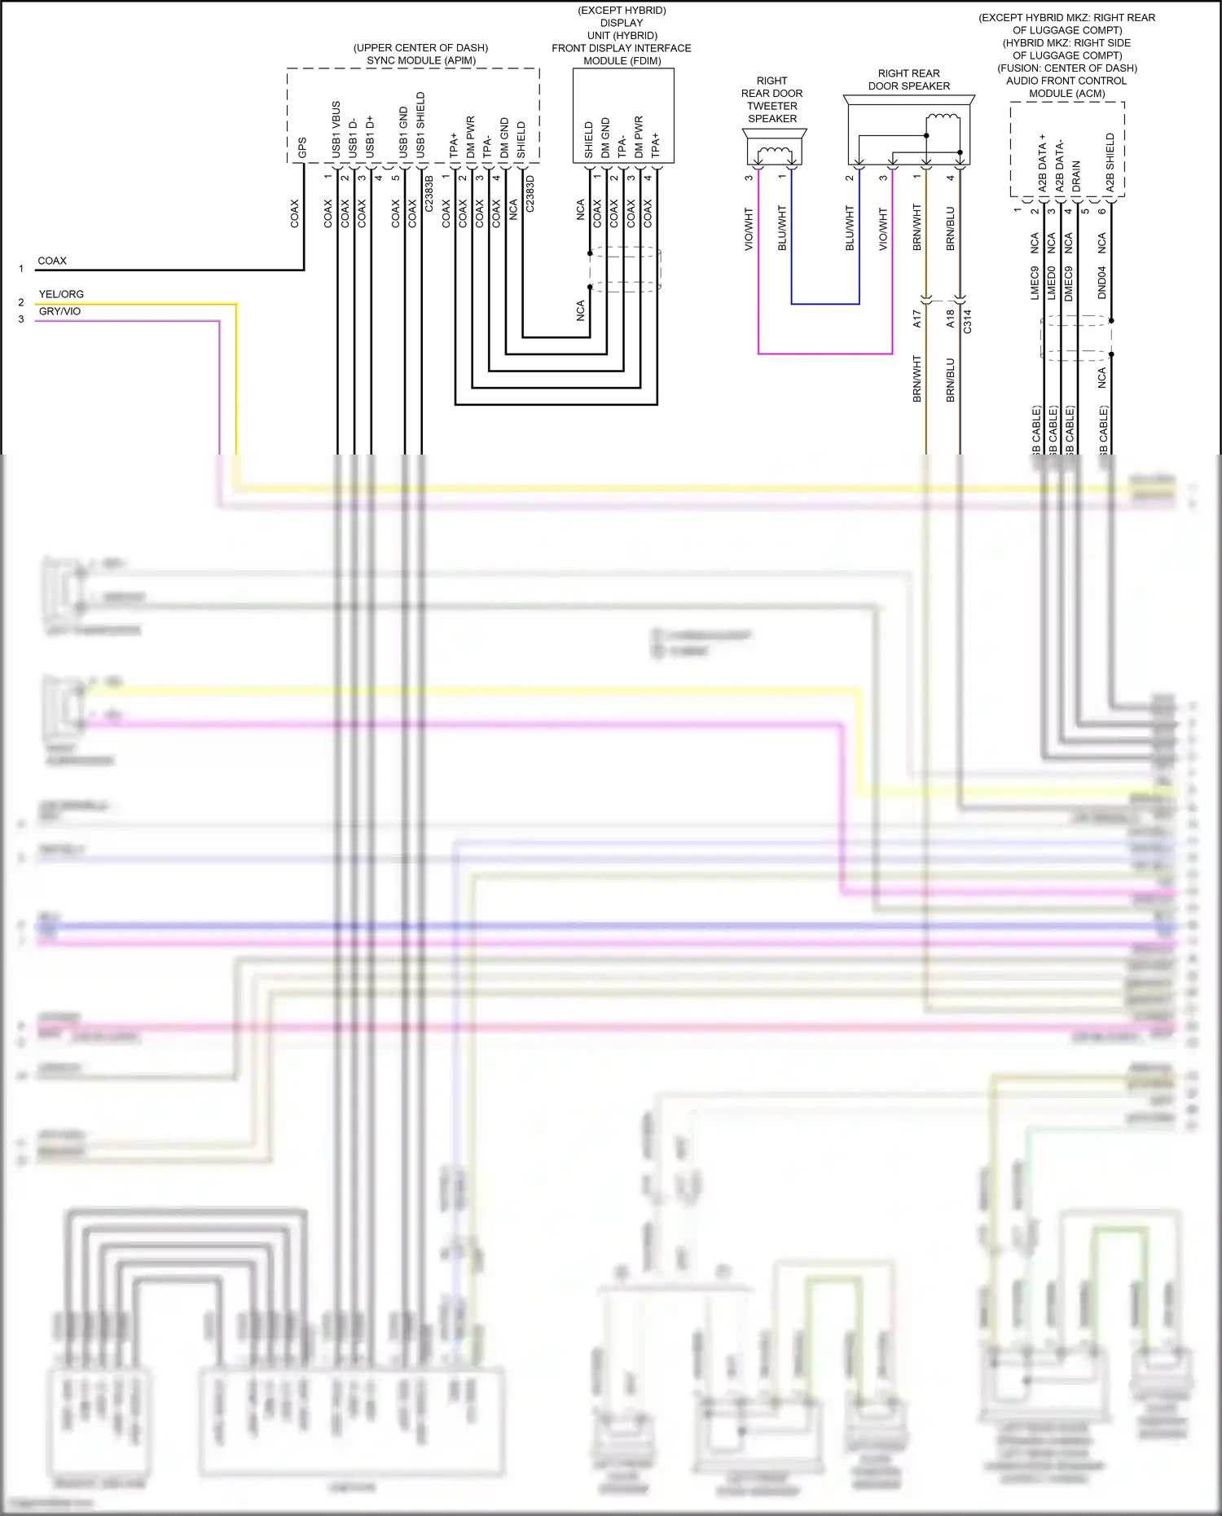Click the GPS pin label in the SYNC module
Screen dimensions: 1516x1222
click(x=302, y=147)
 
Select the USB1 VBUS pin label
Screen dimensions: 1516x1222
click(x=336, y=130)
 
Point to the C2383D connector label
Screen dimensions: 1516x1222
click(x=530, y=194)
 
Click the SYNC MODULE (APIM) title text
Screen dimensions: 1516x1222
click(x=421, y=60)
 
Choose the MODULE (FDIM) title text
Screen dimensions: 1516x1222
click(x=622, y=61)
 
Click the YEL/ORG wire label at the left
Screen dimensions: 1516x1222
click(x=61, y=294)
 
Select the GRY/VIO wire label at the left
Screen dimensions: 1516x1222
click(x=59, y=311)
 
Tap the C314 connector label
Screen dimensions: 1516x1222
click(x=968, y=322)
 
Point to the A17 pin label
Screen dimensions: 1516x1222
click(x=917, y=319)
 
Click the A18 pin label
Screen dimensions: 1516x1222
click(x=950, y=319)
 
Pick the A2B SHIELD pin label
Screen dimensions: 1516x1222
click(x=1110, y=163)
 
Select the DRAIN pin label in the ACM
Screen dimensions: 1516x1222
click(x=1076, y=176)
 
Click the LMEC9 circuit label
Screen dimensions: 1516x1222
click(x=1035, y=283)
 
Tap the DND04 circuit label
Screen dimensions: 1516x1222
click(x=1101, y=283)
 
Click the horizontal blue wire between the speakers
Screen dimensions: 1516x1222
click(x=825, y=304)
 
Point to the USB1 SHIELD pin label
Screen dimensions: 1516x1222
click(x=420, y=125)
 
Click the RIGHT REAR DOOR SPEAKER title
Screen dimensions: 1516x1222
click(x=909, y=80)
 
